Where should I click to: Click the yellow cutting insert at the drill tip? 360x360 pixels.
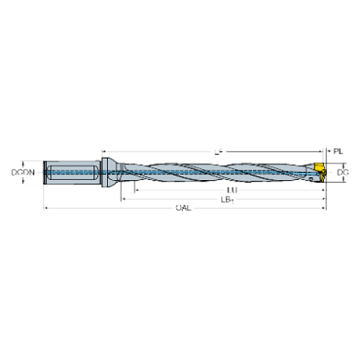(x=321, y=170)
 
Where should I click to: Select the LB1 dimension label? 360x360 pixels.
(x=226, y=199)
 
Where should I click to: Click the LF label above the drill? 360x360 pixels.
(x=218, y=151)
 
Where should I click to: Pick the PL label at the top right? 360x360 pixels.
(x=337, y=151)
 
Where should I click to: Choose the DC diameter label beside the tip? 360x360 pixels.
(x=341, y=174)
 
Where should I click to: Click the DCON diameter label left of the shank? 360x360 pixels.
(x=22, y=173)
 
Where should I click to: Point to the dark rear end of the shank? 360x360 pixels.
(x=46, y=174)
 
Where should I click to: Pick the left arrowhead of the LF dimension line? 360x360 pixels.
(x=103, y=151)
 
